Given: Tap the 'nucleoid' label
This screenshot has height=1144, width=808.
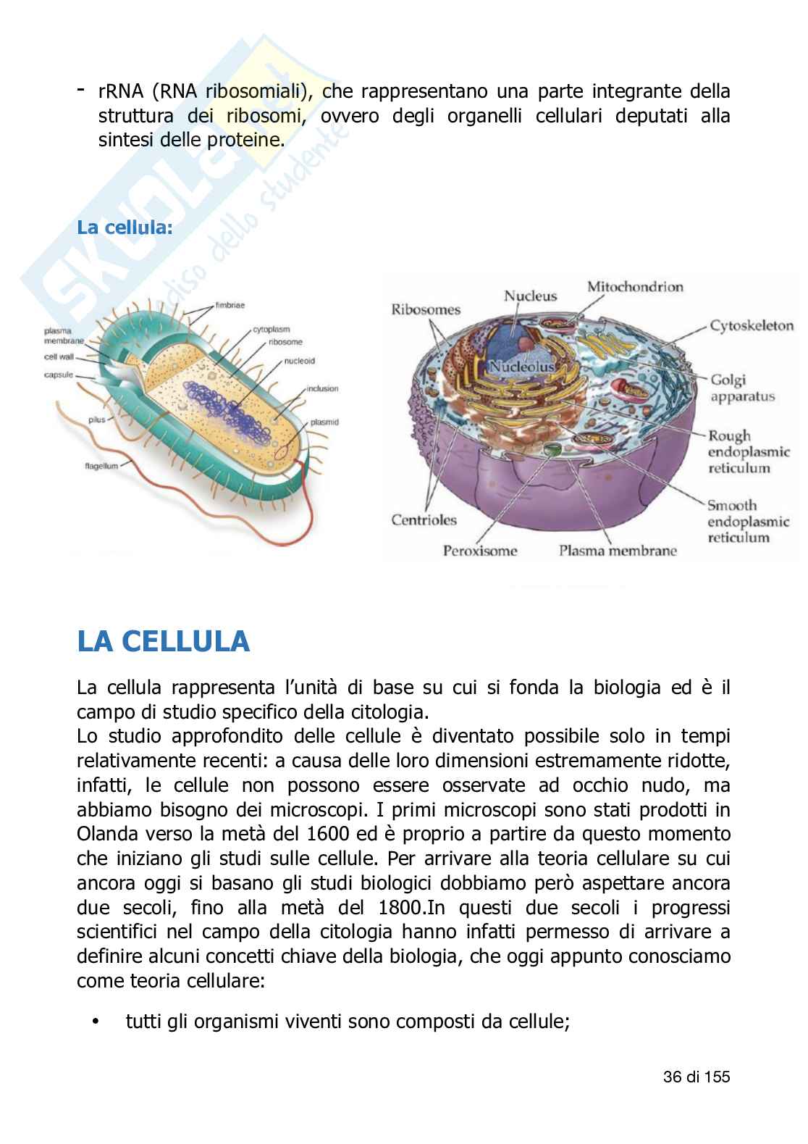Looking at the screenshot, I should click(299, 360).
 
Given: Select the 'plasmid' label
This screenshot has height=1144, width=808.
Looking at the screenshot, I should click(324, 422).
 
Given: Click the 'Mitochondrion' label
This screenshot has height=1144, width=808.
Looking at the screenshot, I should click(634, 287).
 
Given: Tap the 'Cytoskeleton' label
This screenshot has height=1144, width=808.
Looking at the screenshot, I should click(751, 326).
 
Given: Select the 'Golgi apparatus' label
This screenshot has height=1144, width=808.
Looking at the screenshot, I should click(732, 388).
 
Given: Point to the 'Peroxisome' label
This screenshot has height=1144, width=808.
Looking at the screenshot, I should click(480, 551).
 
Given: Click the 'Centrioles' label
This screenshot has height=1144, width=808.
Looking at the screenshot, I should click(424, 519).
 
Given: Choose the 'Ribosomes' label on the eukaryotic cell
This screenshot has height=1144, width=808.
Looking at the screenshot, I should click(426, 310).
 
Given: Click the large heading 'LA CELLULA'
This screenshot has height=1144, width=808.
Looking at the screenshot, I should click(163, 642).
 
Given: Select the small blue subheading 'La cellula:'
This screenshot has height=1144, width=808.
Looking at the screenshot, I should click(125, 227).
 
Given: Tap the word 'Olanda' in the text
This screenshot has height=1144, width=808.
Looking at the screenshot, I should click(105, 833).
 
